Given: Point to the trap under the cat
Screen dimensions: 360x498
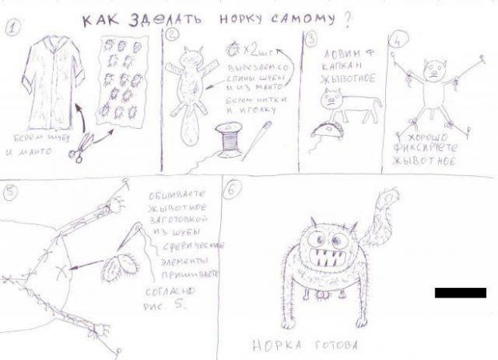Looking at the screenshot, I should (x=329, y=128).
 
